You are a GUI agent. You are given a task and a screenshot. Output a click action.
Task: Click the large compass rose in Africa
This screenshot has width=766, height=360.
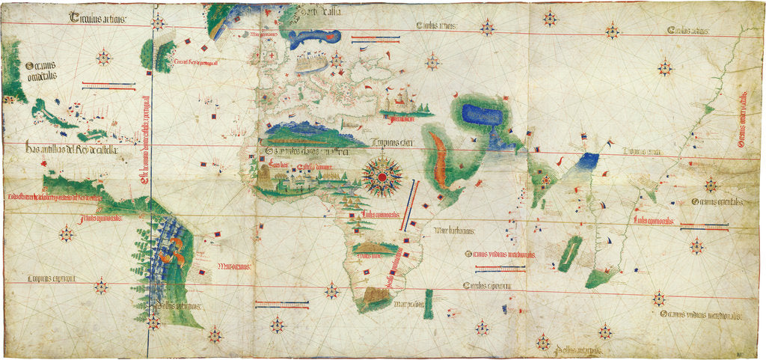click(x=382, y=177)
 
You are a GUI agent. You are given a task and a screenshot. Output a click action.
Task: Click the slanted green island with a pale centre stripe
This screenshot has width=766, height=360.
click(x=569, y=253)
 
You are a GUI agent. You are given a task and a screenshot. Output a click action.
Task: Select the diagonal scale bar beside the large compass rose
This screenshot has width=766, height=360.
click(x=410, y=198)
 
